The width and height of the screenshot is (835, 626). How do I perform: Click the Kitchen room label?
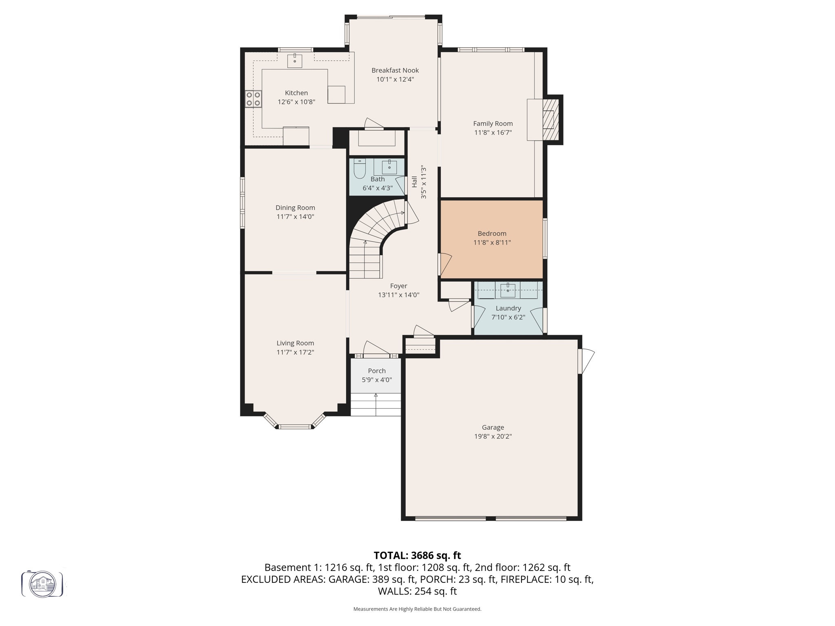[x=296, y=93]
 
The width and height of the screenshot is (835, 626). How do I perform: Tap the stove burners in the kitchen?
[x=253, y=99]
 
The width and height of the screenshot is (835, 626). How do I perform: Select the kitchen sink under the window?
[x=295, y=61]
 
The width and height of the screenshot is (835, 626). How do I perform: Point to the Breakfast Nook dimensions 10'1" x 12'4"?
[x=395, y=79]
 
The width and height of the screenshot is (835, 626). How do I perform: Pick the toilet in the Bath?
[x=360, y=169]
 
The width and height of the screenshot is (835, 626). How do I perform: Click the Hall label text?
[x=414, y=182]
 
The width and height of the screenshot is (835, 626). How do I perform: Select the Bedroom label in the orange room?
[x=492, y=234]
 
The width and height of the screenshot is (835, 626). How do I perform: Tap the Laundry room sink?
[x=508, y=291]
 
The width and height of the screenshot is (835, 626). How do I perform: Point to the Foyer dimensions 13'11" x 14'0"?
[x=398, y=295]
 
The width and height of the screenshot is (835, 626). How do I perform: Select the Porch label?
[x=376, y=371]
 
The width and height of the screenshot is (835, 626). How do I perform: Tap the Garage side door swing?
[x=587, y=361]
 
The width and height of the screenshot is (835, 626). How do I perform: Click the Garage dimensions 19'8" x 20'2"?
[x=493, y=436]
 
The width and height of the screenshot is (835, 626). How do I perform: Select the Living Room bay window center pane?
[x=295, y=427]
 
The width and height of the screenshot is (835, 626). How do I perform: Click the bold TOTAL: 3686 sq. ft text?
[x=417, y=555]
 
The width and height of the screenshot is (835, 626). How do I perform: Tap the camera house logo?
[x=42, y=584]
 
